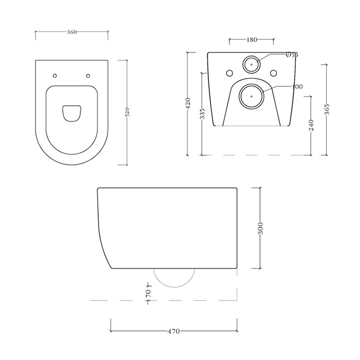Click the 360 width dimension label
pos(72,32)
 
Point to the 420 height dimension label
pos(188,103)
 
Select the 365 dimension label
pos(327,110)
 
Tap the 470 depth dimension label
pos(174,332)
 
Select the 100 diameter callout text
pos(297,86)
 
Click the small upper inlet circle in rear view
pos(251,64)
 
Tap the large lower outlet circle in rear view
pos(251,96)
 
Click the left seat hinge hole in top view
pos(55,76)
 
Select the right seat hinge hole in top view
pos(88,76)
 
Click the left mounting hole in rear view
pos(228,71)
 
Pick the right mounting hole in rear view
pos(274,71)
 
